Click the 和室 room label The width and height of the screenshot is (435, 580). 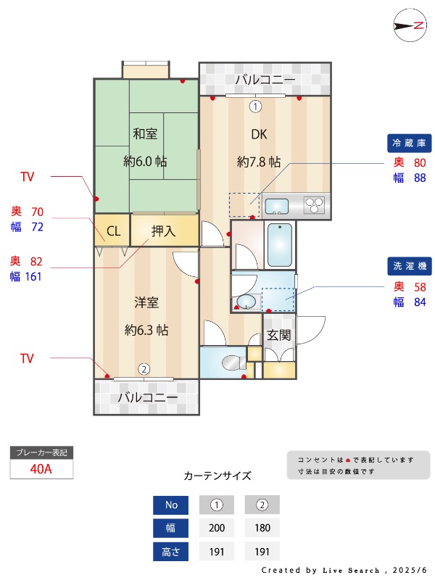145,134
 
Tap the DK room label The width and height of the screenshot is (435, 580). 259,134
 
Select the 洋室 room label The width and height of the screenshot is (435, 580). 146,302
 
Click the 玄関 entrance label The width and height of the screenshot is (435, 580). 278,335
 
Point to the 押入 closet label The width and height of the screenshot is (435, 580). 163,231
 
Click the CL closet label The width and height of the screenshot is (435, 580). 113,232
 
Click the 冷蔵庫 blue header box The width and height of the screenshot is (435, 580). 410,142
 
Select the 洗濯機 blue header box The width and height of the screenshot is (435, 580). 410,266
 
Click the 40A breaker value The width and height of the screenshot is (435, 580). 41,468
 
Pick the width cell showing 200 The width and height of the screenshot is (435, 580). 216,528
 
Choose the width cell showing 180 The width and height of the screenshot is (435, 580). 262,528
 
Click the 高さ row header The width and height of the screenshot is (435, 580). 171,551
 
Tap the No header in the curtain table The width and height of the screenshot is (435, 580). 171,505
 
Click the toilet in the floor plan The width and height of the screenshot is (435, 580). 232,362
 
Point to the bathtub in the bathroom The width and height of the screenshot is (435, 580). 280,244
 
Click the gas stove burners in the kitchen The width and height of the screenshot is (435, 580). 315,205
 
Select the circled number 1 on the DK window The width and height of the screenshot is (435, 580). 255,107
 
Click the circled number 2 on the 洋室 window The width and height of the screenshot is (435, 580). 144,369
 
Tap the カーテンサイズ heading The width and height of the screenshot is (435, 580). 217,476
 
